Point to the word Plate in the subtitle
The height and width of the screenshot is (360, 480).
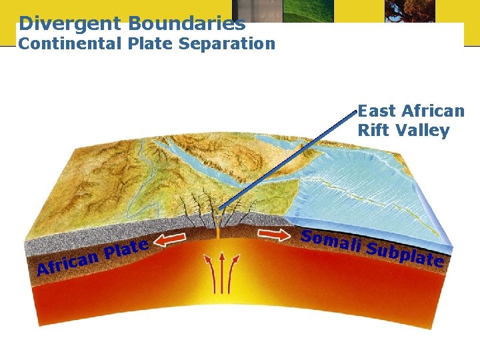pos(151,44)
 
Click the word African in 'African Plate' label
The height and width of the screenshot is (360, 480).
pos(67,264)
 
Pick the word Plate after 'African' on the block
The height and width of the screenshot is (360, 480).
pos(127,249)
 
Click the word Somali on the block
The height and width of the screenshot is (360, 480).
pos(330,241)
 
